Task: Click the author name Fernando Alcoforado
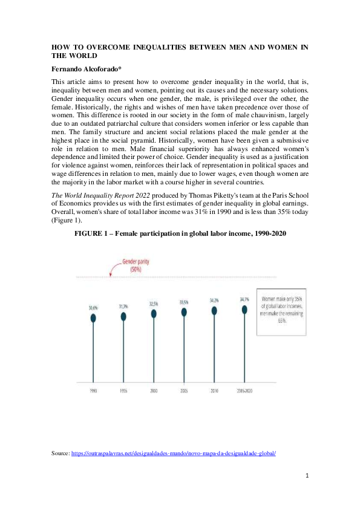click(x=85, y=69)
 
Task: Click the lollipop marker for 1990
click(x=93, y=317)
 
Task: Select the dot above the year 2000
click(x=154, y=314)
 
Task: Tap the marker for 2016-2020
click(x=244, y=309)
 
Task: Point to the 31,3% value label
click(x=123, y=306)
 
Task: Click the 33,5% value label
click(x=184, y=302)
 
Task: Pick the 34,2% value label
click(x=214, y=300)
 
